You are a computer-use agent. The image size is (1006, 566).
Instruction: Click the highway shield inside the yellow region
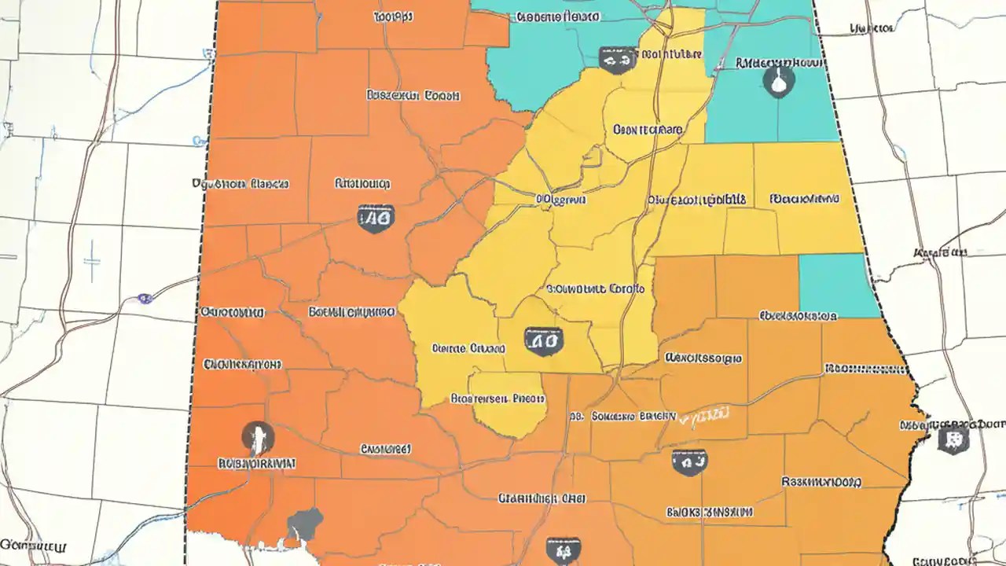543,340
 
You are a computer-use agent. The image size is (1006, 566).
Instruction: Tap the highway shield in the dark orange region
376,218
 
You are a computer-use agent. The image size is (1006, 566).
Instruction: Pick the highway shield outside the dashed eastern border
953,439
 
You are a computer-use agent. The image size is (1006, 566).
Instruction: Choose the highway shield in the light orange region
689,461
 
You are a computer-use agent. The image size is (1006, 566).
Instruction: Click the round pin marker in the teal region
778,80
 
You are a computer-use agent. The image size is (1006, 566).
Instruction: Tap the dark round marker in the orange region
258,436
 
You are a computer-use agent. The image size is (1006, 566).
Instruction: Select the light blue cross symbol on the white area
92,262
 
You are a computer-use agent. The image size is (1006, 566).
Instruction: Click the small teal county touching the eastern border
838,285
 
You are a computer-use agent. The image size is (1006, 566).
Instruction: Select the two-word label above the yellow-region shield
595,289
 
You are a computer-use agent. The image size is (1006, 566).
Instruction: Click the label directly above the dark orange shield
362,184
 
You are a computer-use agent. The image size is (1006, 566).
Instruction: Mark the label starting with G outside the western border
34,545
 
